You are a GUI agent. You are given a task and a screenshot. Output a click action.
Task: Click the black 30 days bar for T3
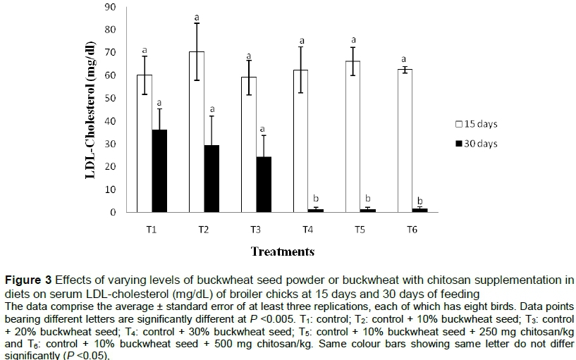tap(264, 184)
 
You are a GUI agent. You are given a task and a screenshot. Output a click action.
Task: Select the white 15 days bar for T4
tap(300, 140)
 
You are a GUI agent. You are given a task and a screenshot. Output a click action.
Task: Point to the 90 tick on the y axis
tap(111, 7)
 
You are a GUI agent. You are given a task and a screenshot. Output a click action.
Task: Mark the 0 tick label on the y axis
tap(114, 212)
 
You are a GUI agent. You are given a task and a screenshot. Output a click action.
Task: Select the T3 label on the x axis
tap(256, 229)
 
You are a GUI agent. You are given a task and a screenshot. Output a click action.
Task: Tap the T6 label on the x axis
tap(412, 229)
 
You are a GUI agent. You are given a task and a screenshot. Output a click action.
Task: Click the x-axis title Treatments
tap(282, 251)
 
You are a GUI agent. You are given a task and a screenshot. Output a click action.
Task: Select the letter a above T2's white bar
tap(197, 16)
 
